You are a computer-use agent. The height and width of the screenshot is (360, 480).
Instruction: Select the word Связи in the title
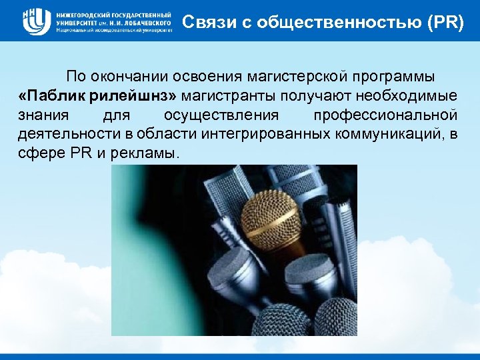(203, 22)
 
